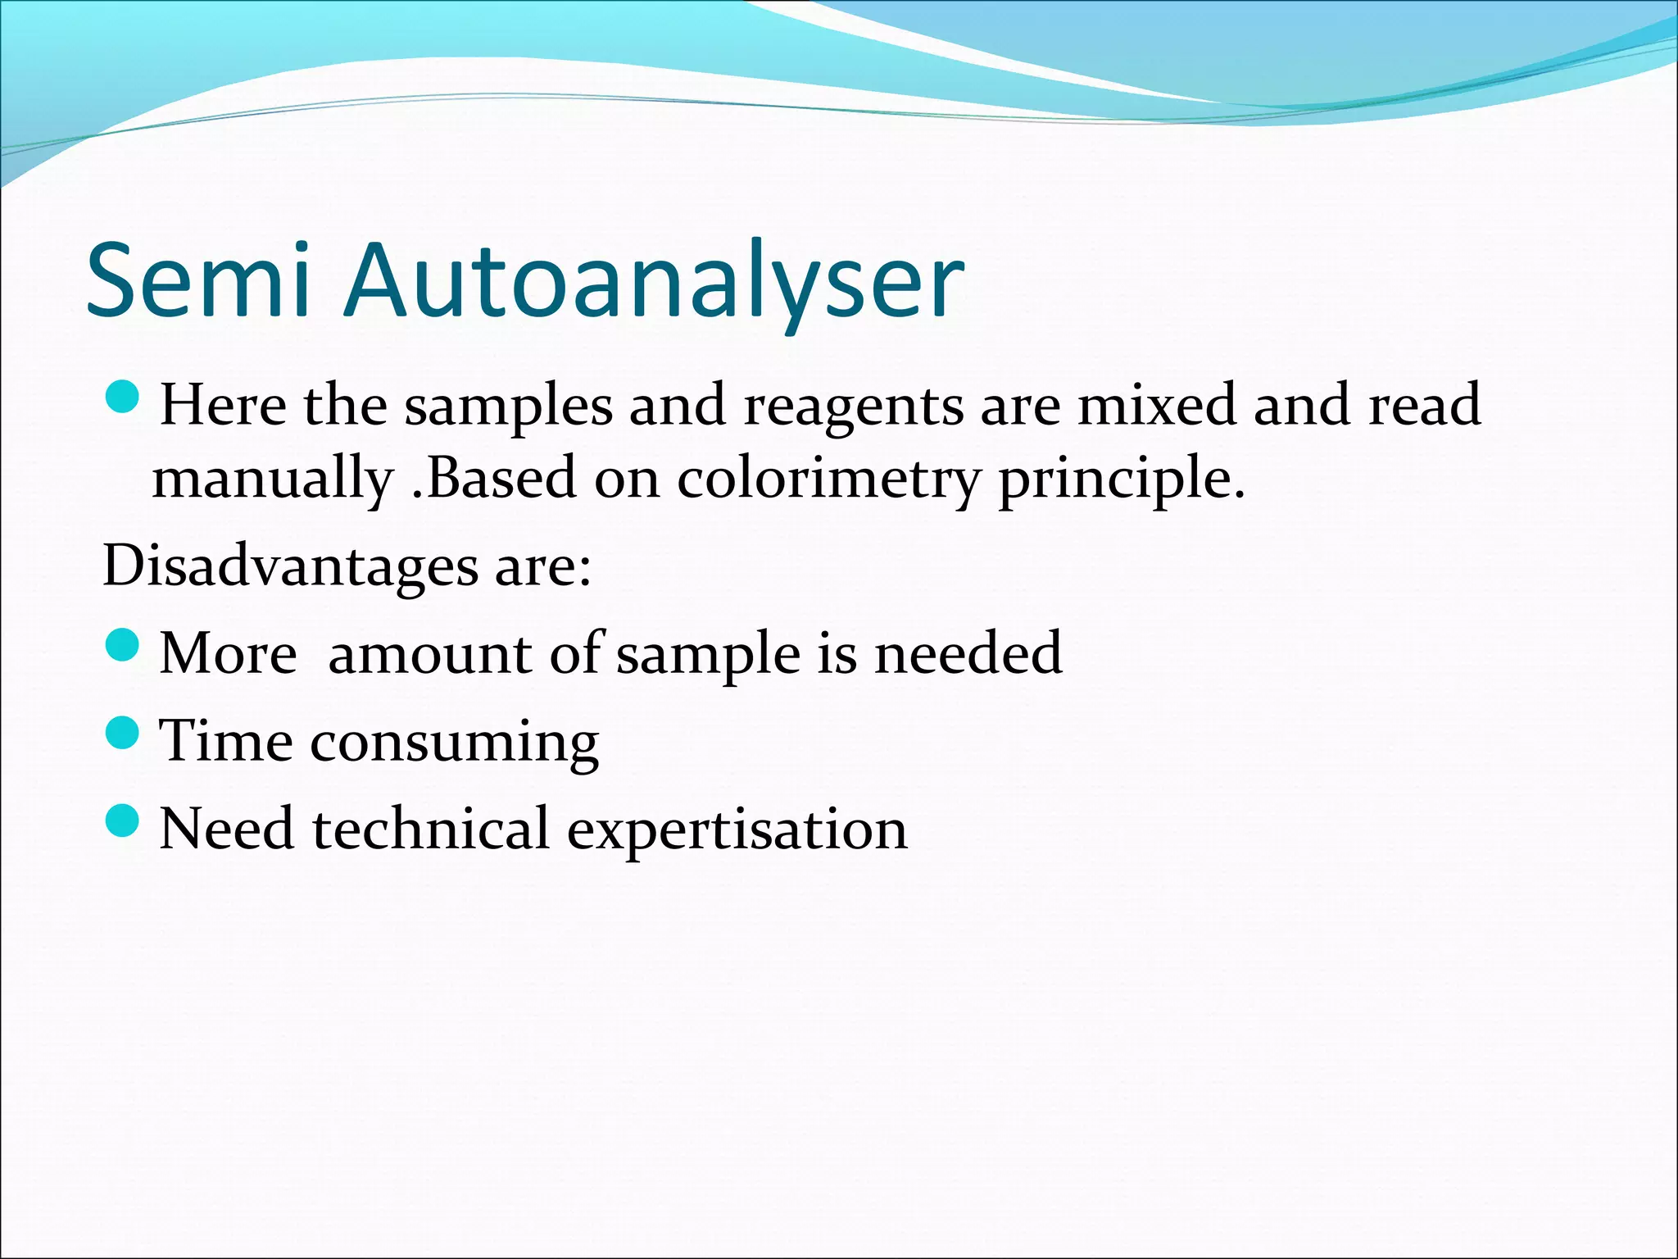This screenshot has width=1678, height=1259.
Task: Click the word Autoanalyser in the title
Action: pos(654,281)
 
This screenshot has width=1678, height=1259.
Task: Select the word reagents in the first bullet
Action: pos(853,406)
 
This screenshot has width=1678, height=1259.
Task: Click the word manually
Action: pos(273,479)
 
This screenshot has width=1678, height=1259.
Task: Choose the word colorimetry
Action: pos(828,479)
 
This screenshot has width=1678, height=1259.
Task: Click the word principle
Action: pos(1120,479)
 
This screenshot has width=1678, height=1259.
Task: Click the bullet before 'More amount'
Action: pos(124,646)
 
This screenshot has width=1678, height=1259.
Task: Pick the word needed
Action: pos(968,653)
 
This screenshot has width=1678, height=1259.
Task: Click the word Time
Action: pos(226,740)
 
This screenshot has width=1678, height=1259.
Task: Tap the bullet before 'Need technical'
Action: pos(124,820)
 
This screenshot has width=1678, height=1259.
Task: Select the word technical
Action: pos(430,829)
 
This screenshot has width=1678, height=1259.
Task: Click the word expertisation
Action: pos(737,829)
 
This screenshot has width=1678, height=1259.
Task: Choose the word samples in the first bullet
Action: pos(509,406)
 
